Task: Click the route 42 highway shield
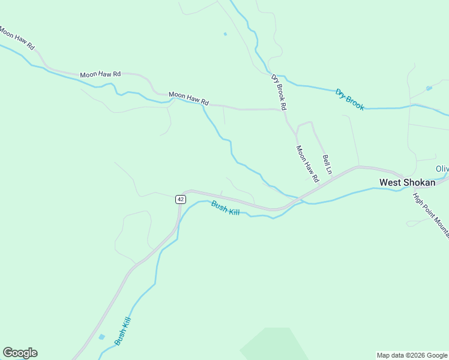180,199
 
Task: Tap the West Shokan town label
406,182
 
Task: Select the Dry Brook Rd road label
279,92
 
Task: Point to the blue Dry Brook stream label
350,100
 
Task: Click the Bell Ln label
327,166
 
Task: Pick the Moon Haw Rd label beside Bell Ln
307,163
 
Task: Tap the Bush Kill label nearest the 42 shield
225,208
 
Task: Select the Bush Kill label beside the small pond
122,331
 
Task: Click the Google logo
20,353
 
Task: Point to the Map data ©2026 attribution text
411,355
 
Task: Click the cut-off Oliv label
442,169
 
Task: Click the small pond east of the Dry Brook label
429,88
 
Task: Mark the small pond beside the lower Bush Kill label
101,337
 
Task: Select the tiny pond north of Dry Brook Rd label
225,34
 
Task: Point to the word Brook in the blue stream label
355,103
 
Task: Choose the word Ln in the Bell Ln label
329,171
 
